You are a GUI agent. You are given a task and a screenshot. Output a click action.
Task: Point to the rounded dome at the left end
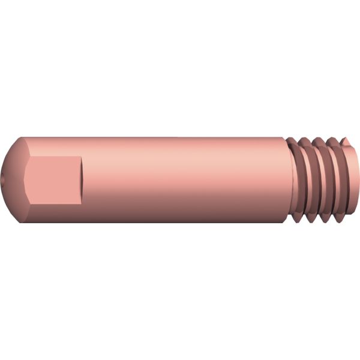pyautogui.click(x=15, y=180)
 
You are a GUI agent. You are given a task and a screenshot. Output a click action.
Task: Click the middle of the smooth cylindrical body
pyautogui.click(x=180, y=179)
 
